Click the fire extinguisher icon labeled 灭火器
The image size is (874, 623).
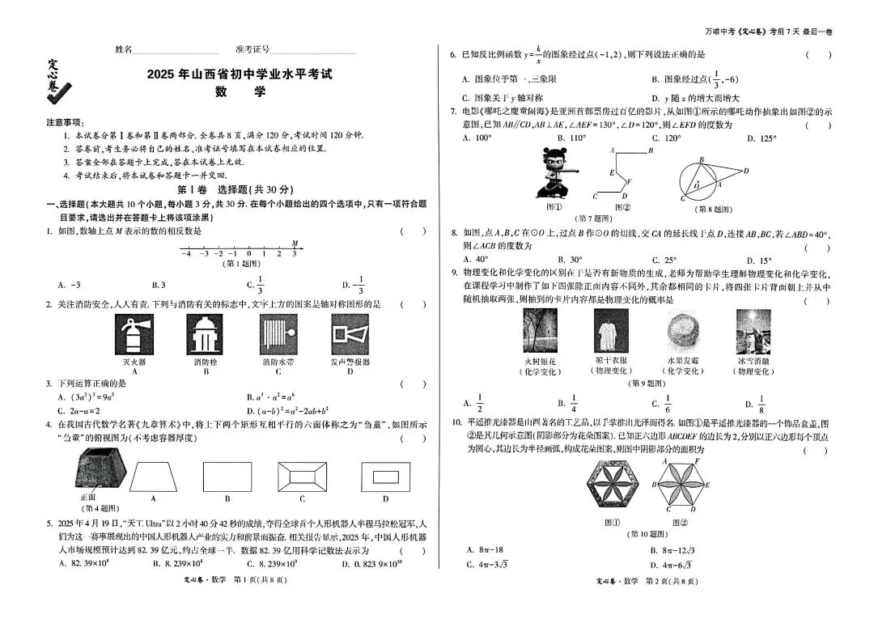click(x=132, y=333)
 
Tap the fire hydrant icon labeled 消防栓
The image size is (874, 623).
click(x=204, y=333)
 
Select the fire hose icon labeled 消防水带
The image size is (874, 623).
click(x=278, y=333)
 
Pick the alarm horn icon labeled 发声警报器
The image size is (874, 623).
click(x=350, y=333)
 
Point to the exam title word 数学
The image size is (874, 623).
click(x=240, y=92)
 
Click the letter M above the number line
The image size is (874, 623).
click(x=295, y=242)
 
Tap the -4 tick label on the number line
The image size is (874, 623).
click(x=185, y=254)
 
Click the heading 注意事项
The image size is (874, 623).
click(x=64, y=122)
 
